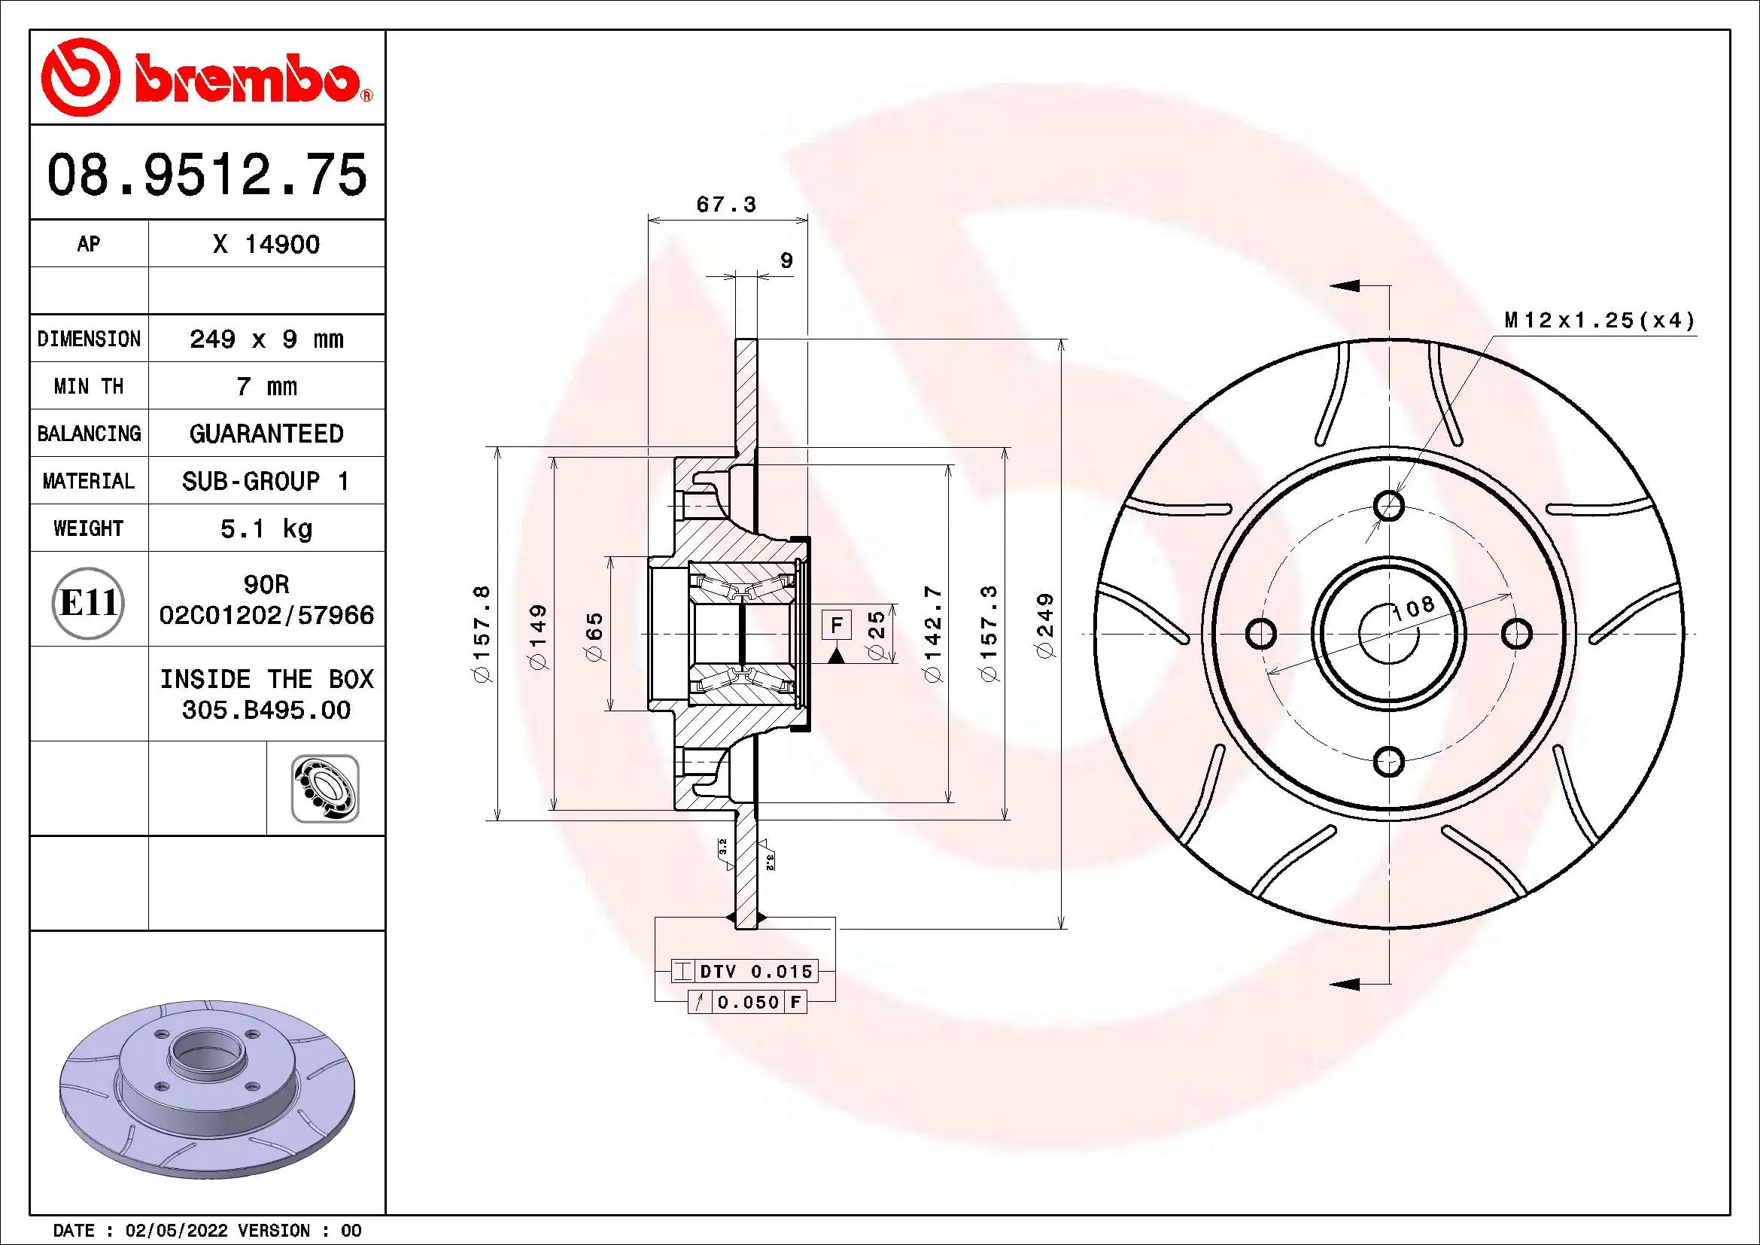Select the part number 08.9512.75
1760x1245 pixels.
point(207,175)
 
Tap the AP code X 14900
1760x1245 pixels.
point(266,245)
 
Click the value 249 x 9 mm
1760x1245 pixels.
point(266,339)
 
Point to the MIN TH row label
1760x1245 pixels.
point(89,386)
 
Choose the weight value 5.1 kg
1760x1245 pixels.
point(266,529)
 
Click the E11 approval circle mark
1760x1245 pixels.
point(89,604)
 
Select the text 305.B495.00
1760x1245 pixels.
point(266,711)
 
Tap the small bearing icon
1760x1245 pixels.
point(325,789)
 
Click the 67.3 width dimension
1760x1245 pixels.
point(725,205)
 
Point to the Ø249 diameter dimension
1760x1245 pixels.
point(1046,625)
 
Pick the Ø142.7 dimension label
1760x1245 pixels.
point(932,634)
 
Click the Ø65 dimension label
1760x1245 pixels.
point(595,636)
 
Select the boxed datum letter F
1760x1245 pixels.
point(836,625)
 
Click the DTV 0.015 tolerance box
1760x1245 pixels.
point(755,972)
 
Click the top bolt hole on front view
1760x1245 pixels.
point(1389,506)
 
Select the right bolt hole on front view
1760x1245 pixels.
point(1516,634)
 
